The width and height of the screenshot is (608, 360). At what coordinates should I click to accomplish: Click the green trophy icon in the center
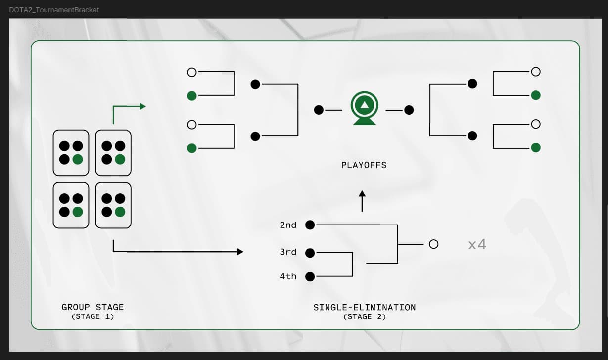tap(364, 108)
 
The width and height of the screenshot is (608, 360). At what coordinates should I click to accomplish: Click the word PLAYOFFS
tap(364, 165)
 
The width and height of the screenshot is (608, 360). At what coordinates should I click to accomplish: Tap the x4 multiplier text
tap(477, 244)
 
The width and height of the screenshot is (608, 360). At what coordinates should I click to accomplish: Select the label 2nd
tap(288, 225)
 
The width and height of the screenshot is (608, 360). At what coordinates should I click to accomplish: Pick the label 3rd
tap(288, 252)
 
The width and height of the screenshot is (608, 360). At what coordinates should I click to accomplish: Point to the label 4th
tap(288, 276)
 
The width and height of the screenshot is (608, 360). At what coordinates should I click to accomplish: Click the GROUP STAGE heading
tap(93, 307)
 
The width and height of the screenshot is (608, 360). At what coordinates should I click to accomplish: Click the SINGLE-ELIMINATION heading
tap(364, 307)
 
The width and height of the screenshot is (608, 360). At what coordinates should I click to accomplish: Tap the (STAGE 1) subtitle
tap(93, 316)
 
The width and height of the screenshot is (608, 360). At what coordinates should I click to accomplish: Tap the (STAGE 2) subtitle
tap(364, 316)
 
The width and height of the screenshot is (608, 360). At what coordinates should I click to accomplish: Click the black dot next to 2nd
tap(310, 225)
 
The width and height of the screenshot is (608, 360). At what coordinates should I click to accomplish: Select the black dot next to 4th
tap(310, 276)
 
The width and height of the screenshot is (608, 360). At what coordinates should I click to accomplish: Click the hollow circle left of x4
tap(433, 244)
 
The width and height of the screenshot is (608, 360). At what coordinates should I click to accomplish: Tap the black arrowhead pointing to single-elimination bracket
tap(240, 252)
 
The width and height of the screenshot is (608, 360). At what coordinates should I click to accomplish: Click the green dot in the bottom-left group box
tap(77, 212)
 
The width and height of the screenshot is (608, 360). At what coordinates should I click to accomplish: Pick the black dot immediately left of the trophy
tap(319, 110)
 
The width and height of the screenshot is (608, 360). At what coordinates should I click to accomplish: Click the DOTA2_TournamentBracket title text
tap(54, 10)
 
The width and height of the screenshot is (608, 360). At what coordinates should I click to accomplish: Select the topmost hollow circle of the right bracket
tap(535, 72)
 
